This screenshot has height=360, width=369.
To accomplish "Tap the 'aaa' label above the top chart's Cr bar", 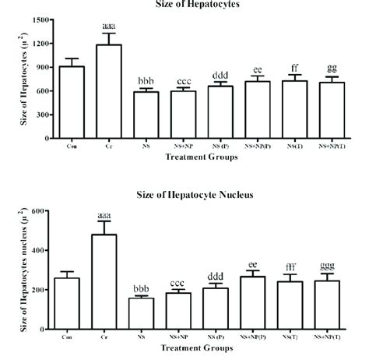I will click(x=109, y=26).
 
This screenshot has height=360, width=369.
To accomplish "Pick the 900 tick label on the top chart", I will click(x=45, y=67).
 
